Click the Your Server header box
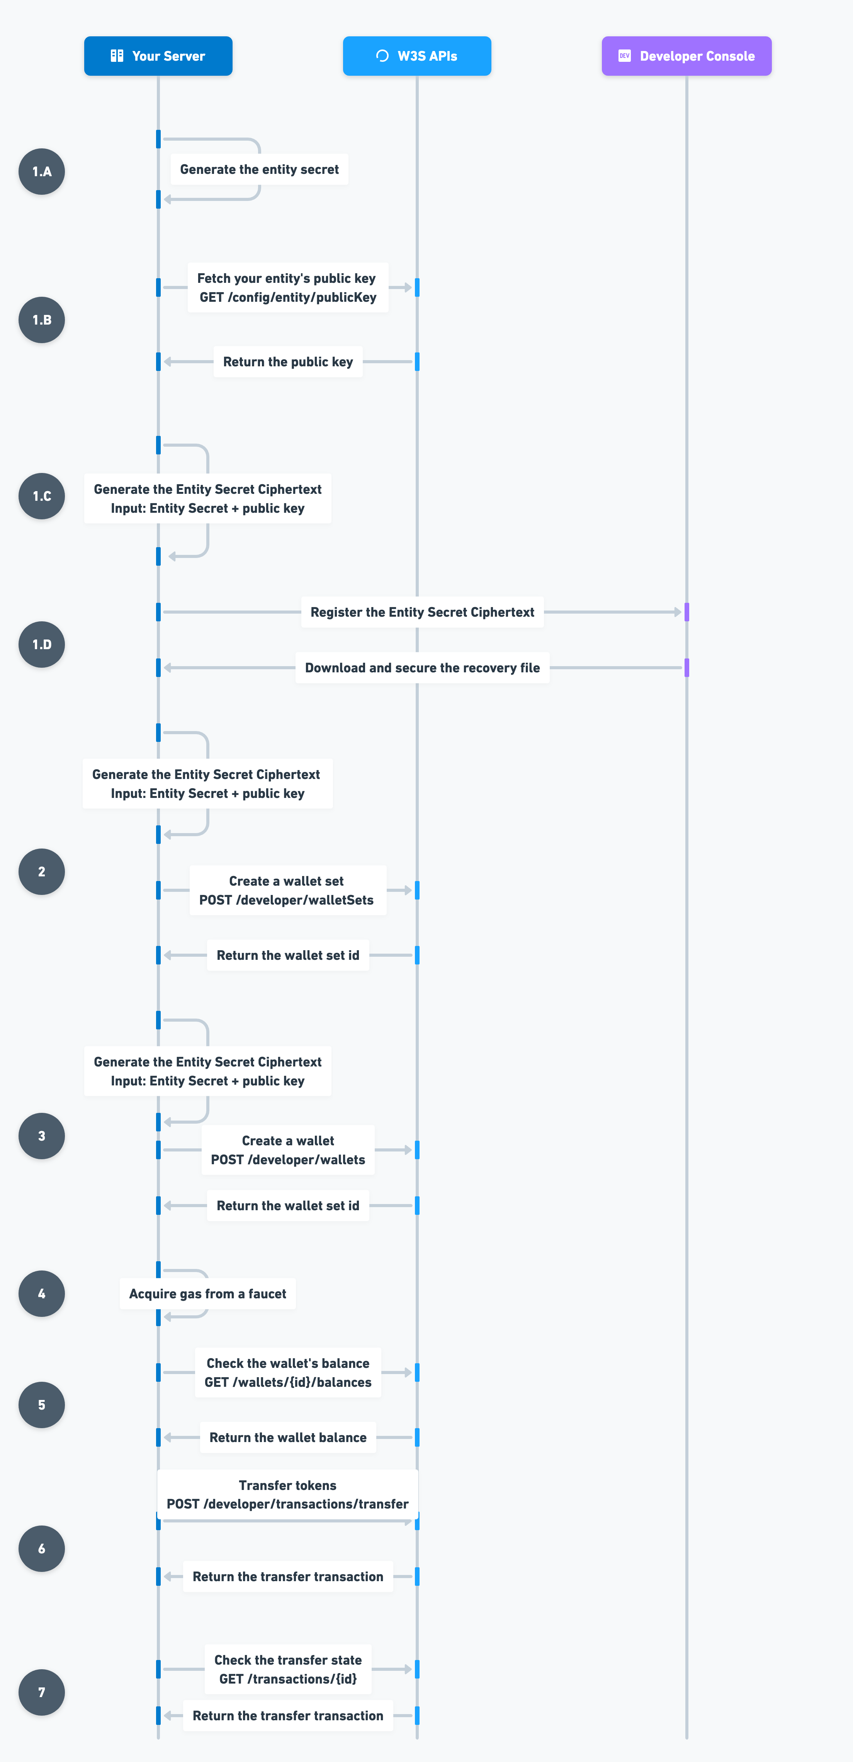point(158,56)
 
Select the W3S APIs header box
point(416,56)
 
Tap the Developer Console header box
point(686,56)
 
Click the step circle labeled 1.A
point(42,172)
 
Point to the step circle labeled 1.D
point(42,645)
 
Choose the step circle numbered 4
point(42,1293)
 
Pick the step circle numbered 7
point(42,1692)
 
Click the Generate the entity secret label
point(259,170)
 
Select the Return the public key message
point(287,362)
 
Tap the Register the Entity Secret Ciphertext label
point(422,612)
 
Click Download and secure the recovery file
point(422,668)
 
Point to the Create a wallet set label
point(287,881)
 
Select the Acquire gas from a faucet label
point(207,1293)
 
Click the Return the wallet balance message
point(287,1437)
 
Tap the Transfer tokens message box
point(287,1495)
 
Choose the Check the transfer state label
point(288,1660)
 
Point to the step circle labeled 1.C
point(42,496)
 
